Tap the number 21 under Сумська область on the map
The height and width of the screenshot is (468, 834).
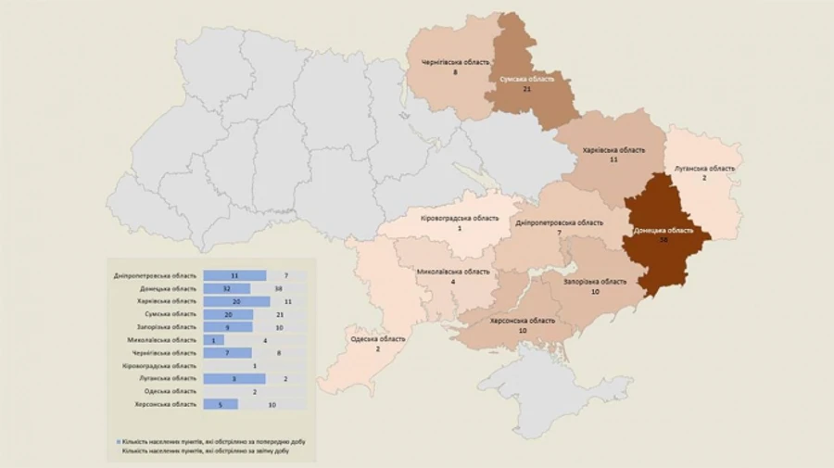tap(526, 90)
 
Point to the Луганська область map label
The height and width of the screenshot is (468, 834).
tap(704, 169)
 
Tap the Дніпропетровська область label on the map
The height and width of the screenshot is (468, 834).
tap(559, 222)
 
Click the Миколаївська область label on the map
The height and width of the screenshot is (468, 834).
tap(453, 272)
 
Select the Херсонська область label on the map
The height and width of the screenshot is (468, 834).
tap(523, 321)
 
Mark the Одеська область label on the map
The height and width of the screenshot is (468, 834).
tap(377, 338)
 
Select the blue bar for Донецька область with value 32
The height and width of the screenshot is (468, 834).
tap(226, 288)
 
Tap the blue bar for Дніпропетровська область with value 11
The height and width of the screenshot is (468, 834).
tap(234, 275)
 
